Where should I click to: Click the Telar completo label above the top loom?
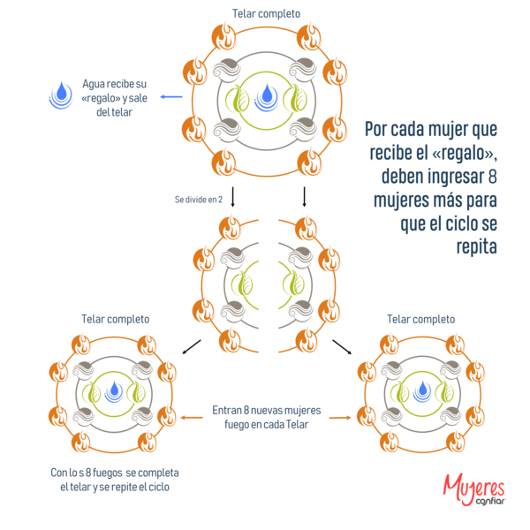click(x=265, y=13)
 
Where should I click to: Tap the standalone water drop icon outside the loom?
click(x=60, y=94)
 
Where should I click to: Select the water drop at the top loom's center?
click(x=265, y=95)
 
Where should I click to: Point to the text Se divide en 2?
click(x=198, y=199)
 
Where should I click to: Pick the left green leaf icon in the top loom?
click(x=238, y=98)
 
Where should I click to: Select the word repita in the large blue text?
click(x=476, y=247)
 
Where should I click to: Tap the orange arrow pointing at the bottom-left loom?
click(x=186, y=417)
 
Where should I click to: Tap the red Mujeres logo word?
click(x=473, y=486)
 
